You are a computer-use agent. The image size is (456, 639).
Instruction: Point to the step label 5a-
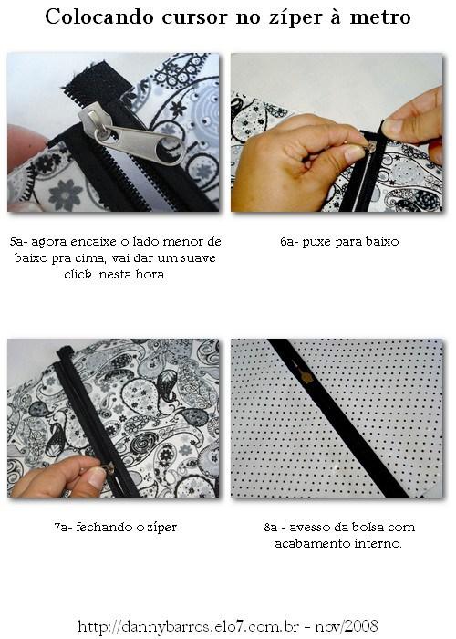click(20, 242)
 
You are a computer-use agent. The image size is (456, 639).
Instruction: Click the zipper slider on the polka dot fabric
click(307, 376)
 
